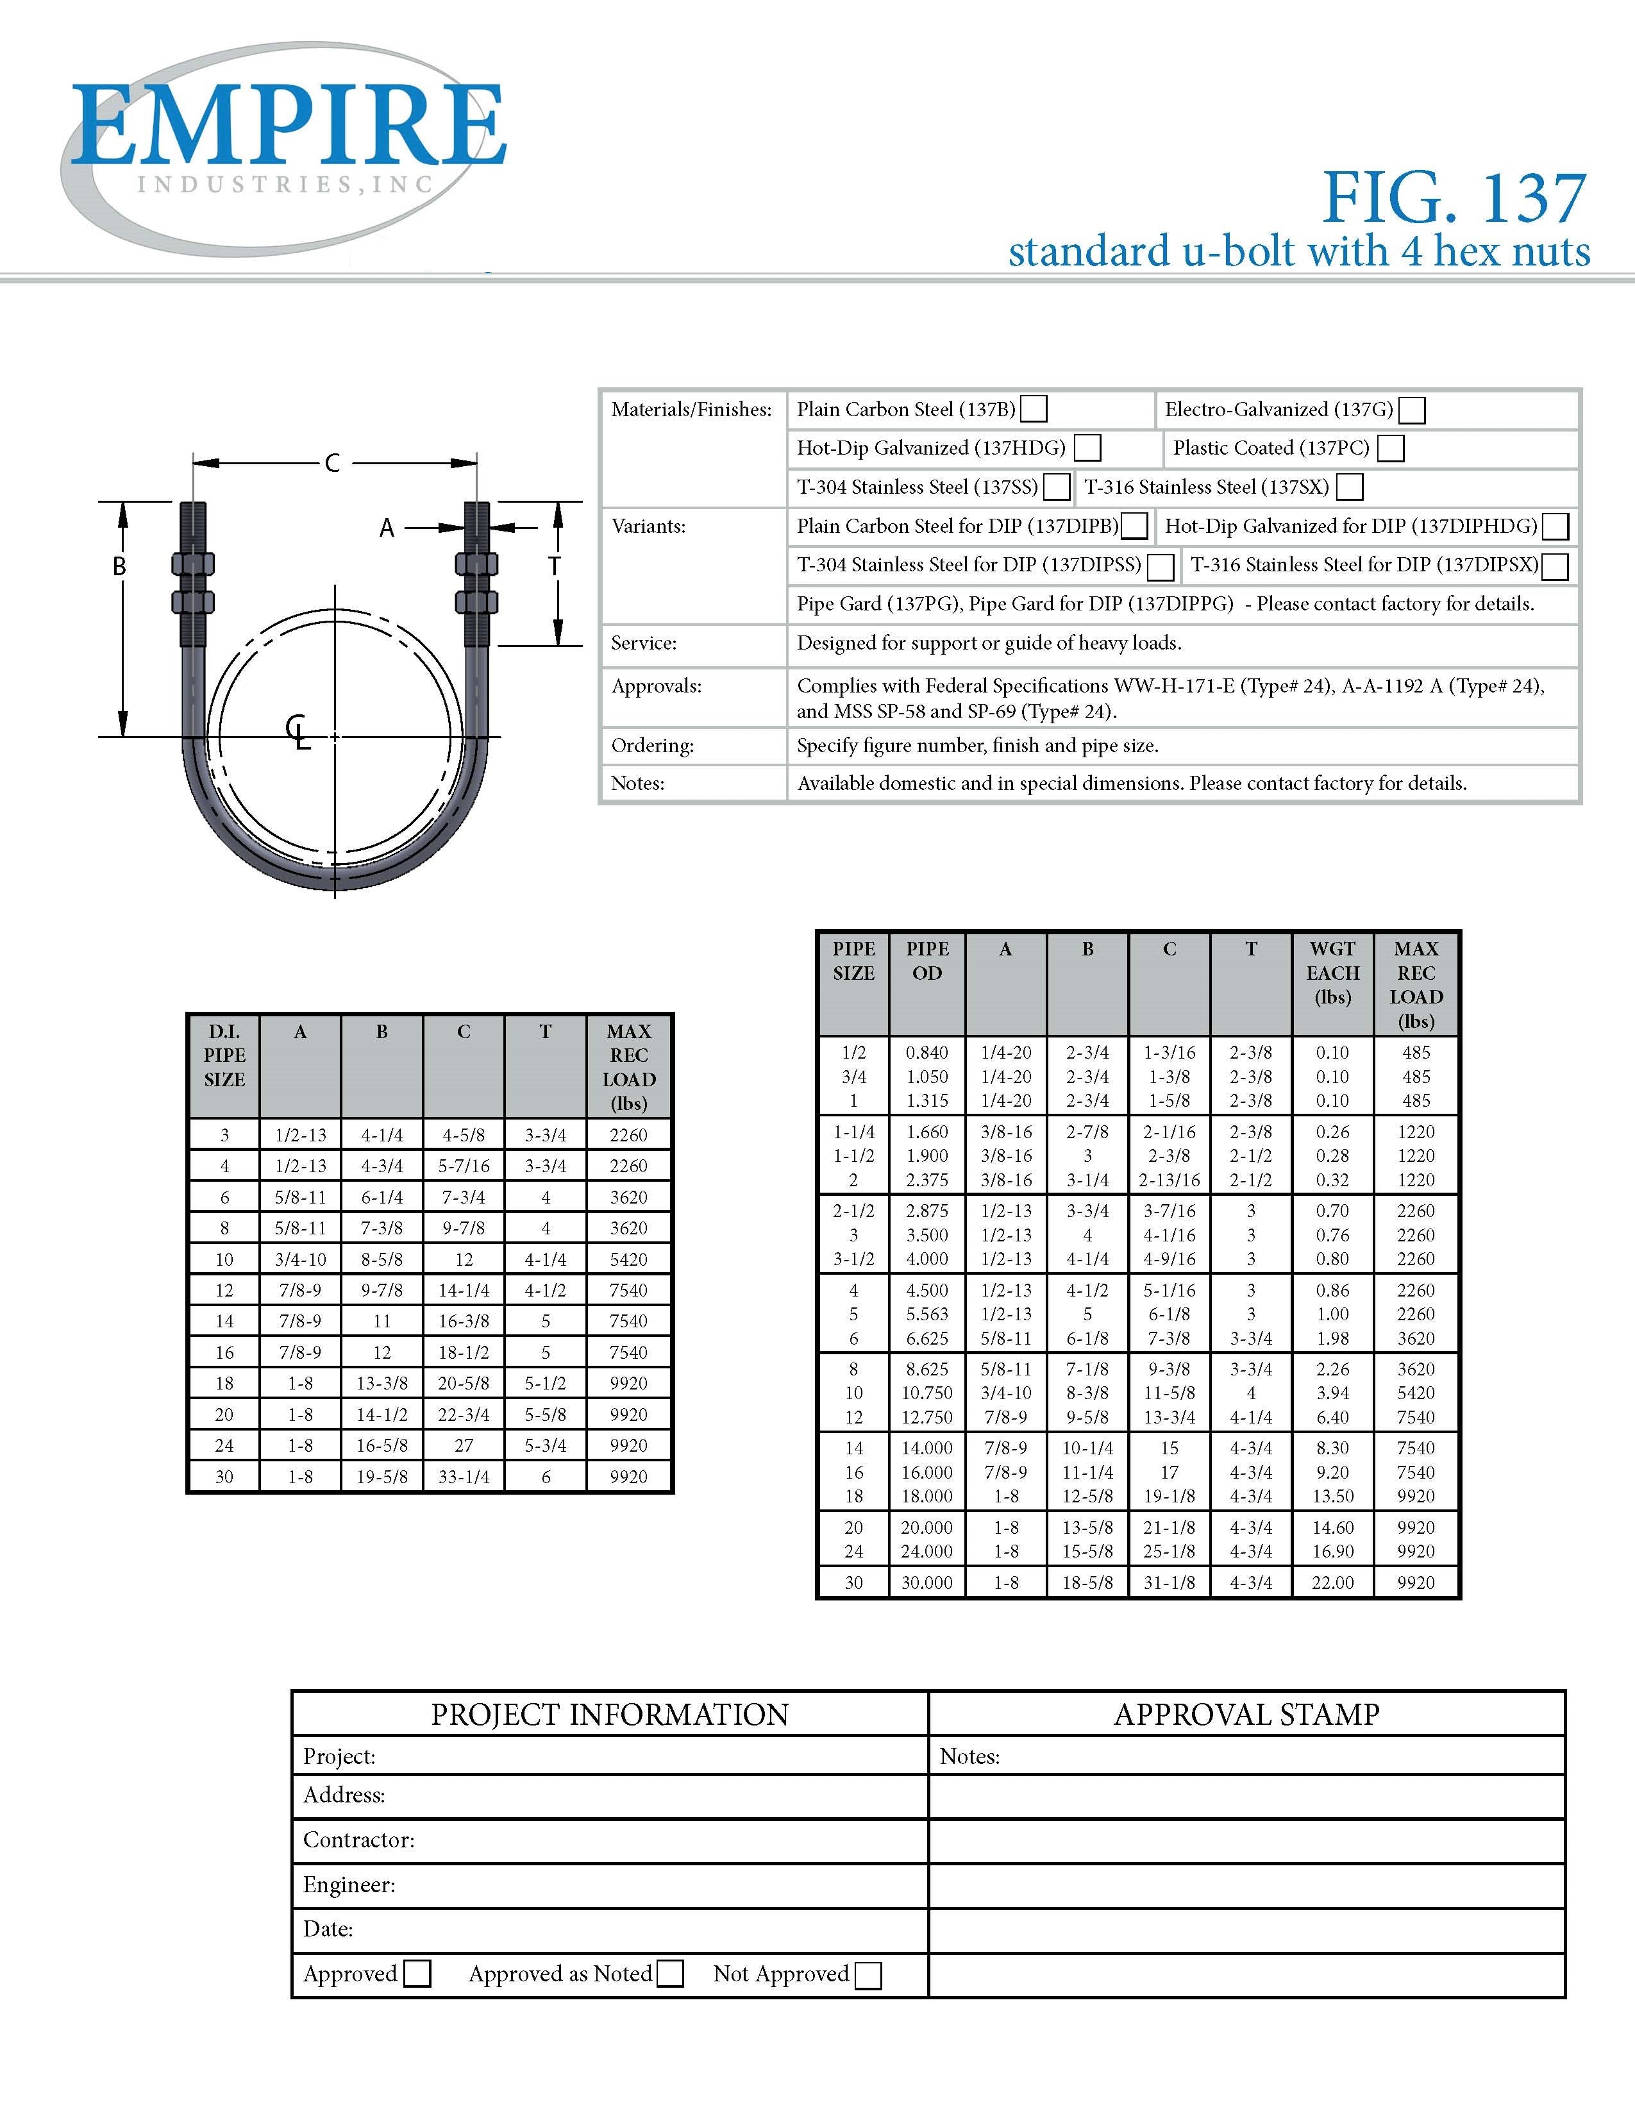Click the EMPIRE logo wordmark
288,126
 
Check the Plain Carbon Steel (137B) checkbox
1034,409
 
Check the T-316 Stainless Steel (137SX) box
1349,487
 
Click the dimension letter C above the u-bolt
332,463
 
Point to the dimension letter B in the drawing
119,567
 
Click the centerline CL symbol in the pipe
298,732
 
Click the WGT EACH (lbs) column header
1333,973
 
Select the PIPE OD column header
927,961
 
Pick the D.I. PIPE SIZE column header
224,1055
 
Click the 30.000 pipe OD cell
927,1582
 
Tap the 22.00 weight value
1333,1582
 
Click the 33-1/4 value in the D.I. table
464,1477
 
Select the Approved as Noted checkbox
670,1974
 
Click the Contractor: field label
359,1840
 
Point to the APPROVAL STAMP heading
1246,1714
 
